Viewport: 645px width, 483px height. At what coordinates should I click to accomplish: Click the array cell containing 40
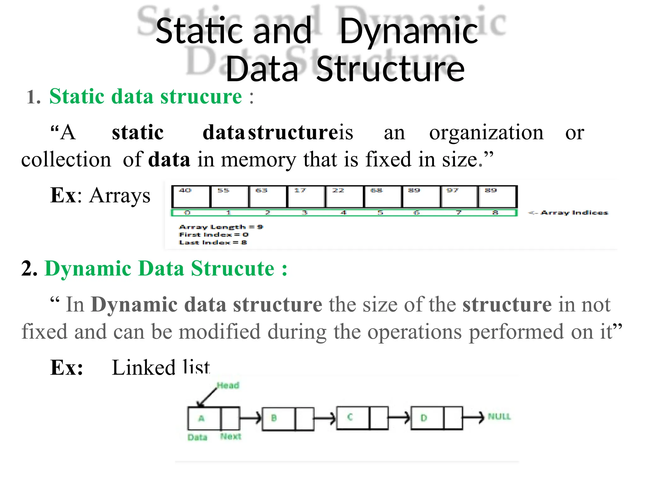[x=191, y=197]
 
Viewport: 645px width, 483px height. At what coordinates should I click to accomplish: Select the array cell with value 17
[x=306, y=197]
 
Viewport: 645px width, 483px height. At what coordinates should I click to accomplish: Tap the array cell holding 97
[x=459, y=197]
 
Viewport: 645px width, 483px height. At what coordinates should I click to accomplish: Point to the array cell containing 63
[x=268, y=197]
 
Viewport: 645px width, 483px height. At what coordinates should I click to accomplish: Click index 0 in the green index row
[x=187, y=213]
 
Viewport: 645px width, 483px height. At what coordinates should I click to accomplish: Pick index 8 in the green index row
[x=495, y=213]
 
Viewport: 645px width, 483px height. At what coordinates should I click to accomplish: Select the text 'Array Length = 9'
[x=221, y=227]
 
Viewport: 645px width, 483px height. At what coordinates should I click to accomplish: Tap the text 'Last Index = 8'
[x=213, y=242]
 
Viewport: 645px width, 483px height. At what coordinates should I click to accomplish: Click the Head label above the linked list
[x=228, y=385]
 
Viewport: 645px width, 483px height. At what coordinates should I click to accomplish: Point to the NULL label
[x=499, y=417]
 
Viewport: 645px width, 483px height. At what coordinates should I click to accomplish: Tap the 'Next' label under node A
[x=231, y=436]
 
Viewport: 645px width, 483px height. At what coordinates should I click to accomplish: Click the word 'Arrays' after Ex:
[x=120, y=196]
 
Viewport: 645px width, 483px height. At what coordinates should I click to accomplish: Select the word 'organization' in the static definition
[x=486, y=133]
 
